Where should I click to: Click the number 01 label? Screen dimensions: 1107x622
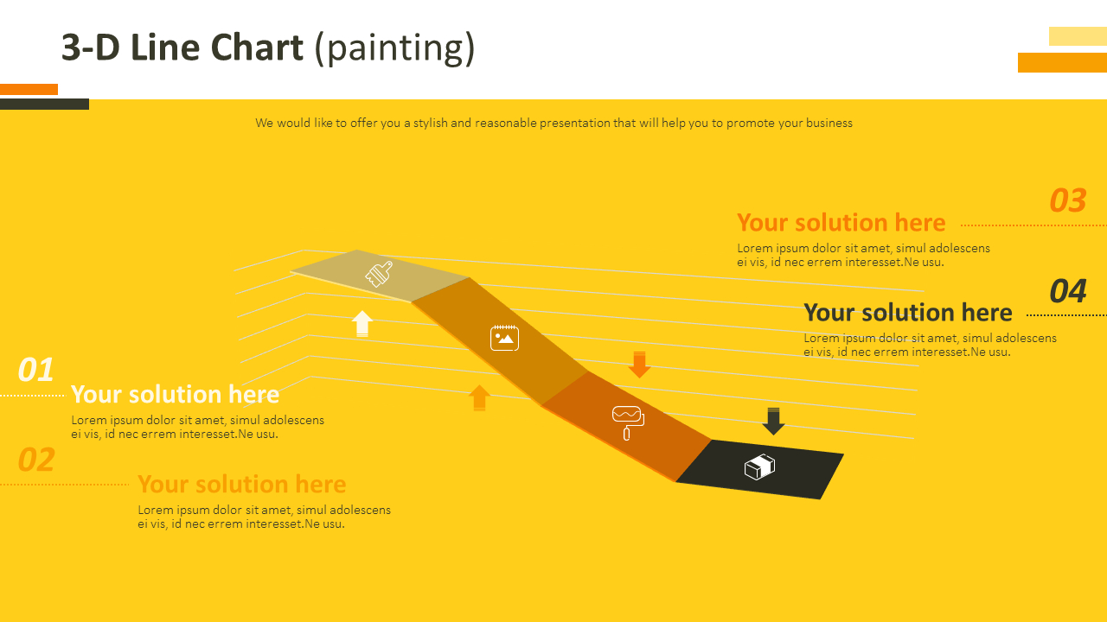(x=35, y=370)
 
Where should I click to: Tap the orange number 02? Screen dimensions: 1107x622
(x=36, y=460)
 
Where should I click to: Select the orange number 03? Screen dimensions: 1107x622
(x=1068, y=200)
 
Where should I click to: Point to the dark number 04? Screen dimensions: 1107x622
(x=1068, y=291)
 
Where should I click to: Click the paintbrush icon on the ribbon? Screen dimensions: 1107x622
(x=379, y=274)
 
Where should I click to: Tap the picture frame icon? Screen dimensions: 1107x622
(x=504, y=338)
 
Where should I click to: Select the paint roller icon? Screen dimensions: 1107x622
(x=628, y=423)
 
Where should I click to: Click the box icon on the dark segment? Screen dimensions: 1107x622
(x=759, y=467)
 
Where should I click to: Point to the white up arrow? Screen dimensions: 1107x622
(x=362, y=324)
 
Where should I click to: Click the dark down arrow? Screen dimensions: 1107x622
(x=773, y=421)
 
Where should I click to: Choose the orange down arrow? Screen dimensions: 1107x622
(x=639, y=365)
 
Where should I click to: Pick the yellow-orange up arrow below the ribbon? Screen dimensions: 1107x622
(x=479, y=397)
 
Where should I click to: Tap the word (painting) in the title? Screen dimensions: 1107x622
(x=394, y=49)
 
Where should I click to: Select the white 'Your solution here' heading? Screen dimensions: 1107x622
(x=176, y=395)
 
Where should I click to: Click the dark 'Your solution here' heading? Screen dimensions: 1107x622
(x=908, y=313)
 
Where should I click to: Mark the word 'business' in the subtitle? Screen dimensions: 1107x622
(x=829, y=123)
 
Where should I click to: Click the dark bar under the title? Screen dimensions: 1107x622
(x=44, y=105)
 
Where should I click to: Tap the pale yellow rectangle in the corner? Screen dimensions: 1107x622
(x=1078, y=36)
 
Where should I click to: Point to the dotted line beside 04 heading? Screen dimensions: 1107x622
(x=1066, y=315)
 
